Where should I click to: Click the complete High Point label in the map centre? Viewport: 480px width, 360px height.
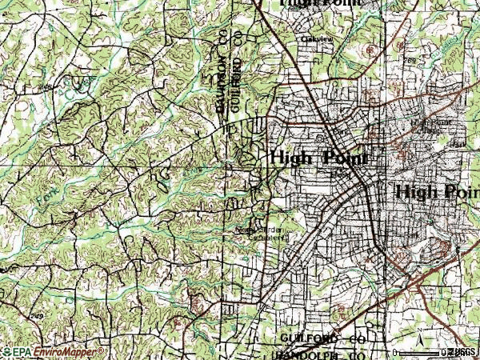318,158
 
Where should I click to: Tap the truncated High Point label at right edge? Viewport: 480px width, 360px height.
437,192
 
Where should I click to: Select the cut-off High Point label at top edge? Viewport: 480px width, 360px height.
320,3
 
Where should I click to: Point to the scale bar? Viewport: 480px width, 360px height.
419,350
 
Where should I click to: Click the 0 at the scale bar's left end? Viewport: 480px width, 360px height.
396,352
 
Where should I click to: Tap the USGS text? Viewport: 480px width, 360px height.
463,352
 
